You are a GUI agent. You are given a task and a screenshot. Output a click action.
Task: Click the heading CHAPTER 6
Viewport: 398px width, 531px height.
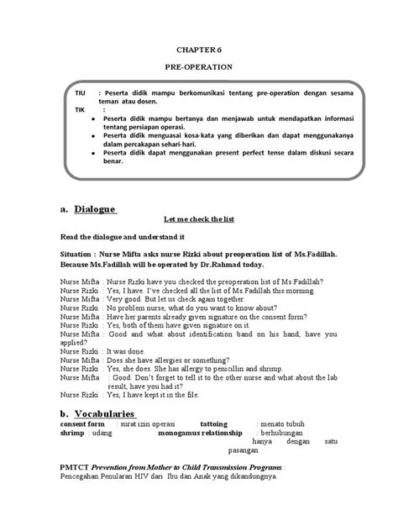[x=199, y=49]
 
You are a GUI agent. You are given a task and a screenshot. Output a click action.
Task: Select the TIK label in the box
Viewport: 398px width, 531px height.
[x=80, y=110]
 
